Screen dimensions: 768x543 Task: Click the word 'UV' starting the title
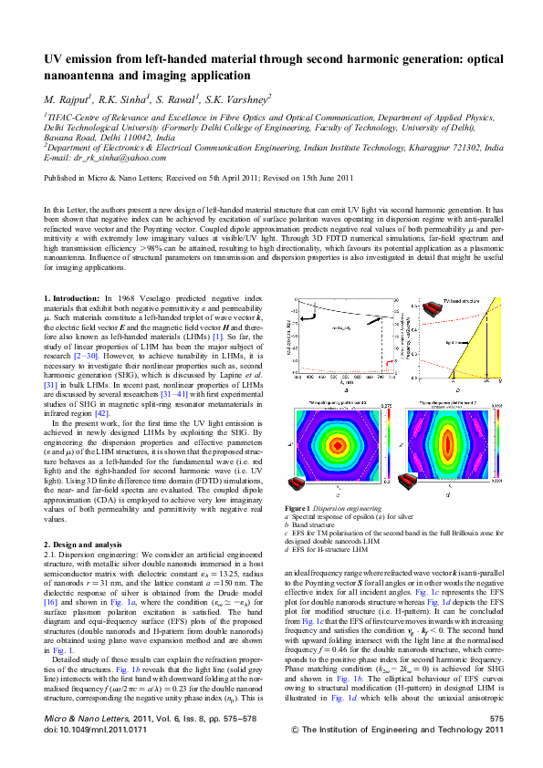tap(55, 57)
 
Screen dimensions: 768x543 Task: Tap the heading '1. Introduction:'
tap(74, 298)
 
